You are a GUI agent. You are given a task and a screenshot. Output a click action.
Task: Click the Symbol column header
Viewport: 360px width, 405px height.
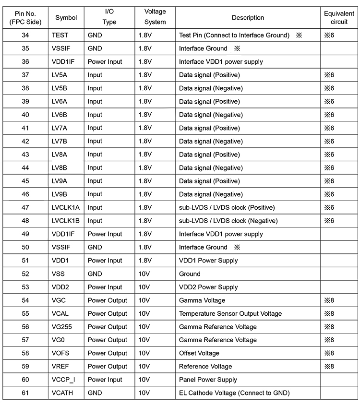point(66,18)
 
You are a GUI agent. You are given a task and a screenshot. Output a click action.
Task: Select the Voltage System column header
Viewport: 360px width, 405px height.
point(155,18)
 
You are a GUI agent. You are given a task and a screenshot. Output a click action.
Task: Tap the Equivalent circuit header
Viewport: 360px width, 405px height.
point(339,18)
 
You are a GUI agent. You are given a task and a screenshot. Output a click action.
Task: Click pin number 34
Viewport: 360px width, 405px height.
point(25,35)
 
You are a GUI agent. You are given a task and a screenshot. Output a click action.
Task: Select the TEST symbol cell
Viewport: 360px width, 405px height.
point(60,35)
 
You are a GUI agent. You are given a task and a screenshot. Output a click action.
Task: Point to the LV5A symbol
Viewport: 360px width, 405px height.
point(60,75)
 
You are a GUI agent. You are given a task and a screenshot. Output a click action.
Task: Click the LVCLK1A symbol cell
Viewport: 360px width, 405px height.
point(66,207)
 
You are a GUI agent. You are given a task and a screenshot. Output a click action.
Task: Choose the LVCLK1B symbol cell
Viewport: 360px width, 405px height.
point(66,221)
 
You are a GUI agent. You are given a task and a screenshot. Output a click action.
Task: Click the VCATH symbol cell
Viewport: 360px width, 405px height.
point(63,393)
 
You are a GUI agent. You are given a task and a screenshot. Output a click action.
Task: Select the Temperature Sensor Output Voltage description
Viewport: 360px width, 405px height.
point(230,313)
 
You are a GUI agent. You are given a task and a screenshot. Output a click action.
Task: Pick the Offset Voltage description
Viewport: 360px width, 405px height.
point(199,353)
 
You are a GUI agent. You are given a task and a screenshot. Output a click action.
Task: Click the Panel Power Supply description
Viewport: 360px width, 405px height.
point(208,380)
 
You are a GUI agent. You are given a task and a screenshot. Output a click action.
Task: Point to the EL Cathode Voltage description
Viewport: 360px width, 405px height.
point(234,393)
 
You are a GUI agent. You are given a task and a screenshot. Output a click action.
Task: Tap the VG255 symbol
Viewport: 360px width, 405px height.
point(62,327)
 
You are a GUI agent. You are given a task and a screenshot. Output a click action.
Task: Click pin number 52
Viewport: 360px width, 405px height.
point(25,274)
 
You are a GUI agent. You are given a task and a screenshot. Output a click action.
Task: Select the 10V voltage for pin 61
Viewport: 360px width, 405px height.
point(145,393)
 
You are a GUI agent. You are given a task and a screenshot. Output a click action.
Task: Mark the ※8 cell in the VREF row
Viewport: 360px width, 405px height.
point(329,366)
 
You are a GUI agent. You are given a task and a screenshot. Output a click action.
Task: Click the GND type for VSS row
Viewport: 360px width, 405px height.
point(95,274)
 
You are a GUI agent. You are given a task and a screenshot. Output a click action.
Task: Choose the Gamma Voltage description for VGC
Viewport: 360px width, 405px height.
point(202,300)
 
